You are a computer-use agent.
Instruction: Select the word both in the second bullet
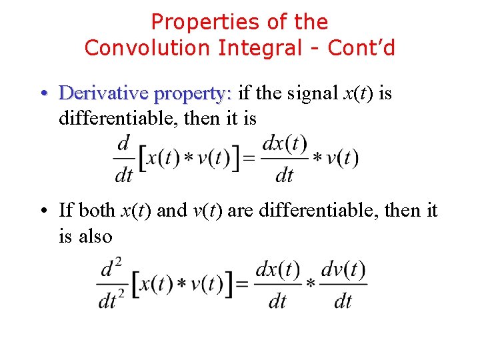[97, 211]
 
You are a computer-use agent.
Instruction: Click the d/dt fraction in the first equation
[124, 159]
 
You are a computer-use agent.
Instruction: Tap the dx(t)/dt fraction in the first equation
[285, 159]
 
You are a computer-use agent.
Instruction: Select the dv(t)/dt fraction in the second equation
[343, 285]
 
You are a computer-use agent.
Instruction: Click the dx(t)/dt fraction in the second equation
[277, 285]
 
